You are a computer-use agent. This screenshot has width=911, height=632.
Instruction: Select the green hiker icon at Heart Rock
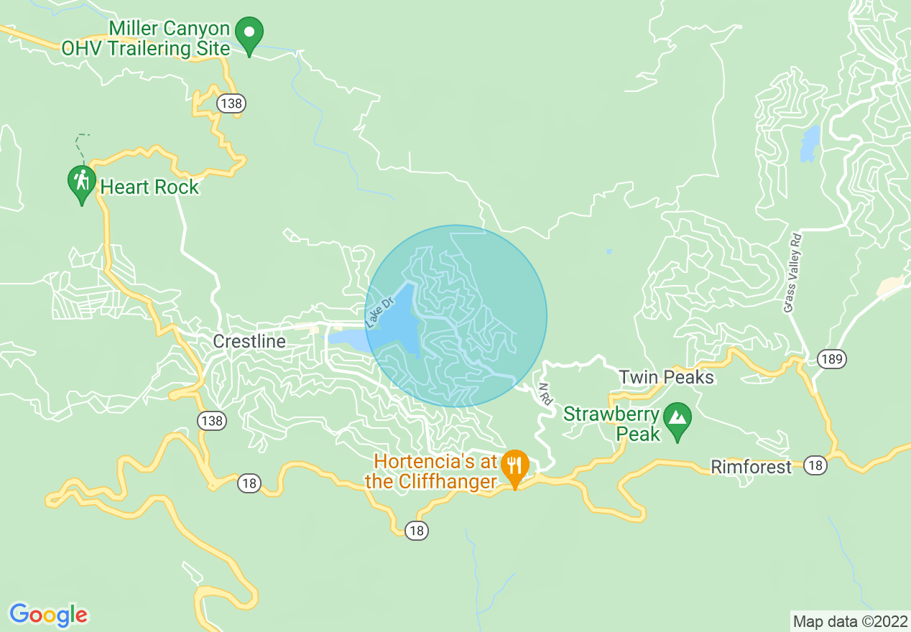(82, 182)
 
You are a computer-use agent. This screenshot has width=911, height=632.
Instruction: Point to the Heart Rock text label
(149, 187)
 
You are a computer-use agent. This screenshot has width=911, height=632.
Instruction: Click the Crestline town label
(249, 341)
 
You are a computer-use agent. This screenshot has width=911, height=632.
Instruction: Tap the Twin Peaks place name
(666, 377)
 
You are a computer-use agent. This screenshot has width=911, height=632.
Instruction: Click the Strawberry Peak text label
(611, 424)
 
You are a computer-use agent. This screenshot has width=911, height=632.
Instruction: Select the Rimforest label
(751, 467)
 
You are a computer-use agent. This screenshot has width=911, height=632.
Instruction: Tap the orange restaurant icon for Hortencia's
(514, 467)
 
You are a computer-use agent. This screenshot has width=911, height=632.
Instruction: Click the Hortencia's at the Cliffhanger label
(441, 471)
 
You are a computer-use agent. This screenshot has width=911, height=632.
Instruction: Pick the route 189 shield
(831, 358)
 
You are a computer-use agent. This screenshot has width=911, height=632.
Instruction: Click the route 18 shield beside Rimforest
(815, 465)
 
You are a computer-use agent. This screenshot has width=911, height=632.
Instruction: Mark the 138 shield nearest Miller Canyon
(231, 103)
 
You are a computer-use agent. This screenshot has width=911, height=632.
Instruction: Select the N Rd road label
(545, 394)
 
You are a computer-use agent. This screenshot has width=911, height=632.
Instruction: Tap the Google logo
(48, 615)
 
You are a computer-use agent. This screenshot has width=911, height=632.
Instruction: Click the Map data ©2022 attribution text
(850, 621)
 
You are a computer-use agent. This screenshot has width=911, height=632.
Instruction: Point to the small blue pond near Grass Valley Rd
(810, 144)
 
